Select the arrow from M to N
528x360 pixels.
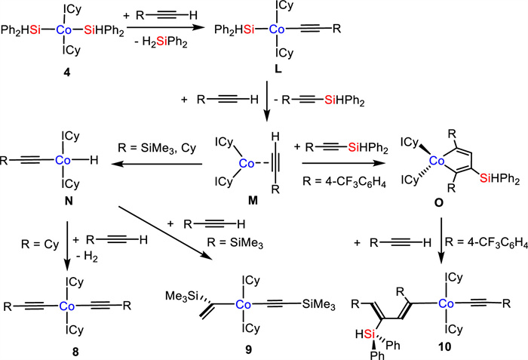[160, 161]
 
